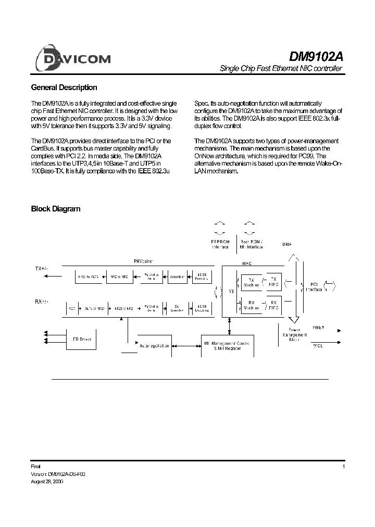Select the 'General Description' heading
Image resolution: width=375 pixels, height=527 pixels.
point(64,87)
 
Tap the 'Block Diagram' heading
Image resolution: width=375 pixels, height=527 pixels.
point(56,209)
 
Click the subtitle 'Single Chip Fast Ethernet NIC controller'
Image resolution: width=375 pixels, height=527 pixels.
point(281,69)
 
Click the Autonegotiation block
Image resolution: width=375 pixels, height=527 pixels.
point(153,344)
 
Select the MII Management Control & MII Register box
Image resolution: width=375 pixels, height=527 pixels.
point(228,346)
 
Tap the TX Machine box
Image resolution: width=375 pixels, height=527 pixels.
point(251,283)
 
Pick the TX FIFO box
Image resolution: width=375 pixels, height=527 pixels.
point(274,283)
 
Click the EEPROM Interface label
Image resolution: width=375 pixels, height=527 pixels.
point(220,245)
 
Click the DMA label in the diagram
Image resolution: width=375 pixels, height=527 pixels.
point(286,244)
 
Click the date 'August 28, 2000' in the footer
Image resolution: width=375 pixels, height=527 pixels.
point(48,482)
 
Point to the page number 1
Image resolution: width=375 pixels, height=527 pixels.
point(344,467)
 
